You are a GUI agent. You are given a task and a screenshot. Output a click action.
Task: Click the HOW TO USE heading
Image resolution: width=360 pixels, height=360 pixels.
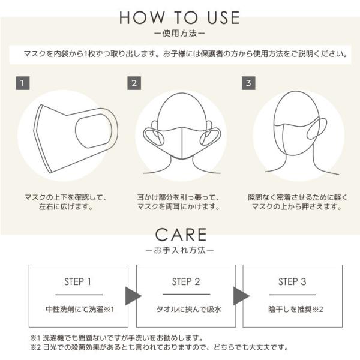coord(180,17)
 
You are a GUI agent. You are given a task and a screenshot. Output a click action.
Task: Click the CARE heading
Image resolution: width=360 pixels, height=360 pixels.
coord(180,234)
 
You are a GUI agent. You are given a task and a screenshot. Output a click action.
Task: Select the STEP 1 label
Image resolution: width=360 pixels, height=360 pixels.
coord(77,282)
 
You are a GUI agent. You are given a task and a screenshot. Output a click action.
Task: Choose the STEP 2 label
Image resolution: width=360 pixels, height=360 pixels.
coord(187,282)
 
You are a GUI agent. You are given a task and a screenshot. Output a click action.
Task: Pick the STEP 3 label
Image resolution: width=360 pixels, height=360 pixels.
coord(292,282)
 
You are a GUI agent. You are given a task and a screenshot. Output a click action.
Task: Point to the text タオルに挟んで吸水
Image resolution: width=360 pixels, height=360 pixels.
coord(187,310)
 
